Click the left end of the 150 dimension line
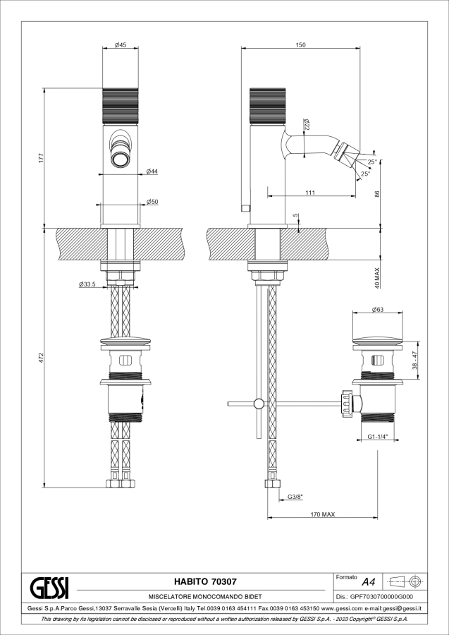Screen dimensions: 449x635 coord(242,48)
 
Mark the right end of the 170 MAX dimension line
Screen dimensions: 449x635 coord(377,518)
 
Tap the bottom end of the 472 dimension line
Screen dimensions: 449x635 coord(44,487)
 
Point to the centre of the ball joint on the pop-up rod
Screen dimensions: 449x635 coord(258,404)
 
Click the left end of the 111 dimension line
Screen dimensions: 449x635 coord(267,197)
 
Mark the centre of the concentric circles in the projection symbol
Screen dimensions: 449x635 coord(414,581)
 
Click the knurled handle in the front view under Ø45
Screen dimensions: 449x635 coord(121,106)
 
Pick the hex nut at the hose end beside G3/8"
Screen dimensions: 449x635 coord(272,483)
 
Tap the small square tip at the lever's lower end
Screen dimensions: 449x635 coord(245,207)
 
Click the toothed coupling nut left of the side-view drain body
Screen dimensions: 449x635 coord(346,403)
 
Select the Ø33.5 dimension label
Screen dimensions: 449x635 coord(87,284)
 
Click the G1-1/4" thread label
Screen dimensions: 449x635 coord(378,437)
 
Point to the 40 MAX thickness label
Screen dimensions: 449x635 coord(377,277)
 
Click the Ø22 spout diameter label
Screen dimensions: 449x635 coord(307,125)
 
